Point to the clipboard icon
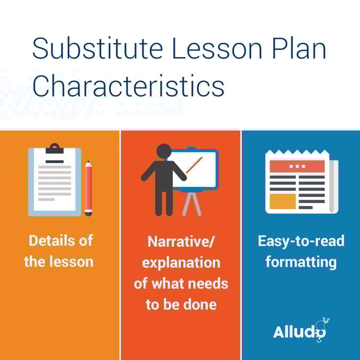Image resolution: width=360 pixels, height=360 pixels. click(x=54, y=181)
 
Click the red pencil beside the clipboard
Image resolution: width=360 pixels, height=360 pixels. click(x=89, y=188)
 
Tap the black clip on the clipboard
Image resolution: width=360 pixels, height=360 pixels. click(x=54, y=149)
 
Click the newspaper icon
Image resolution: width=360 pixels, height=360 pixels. click(x=300, y=182)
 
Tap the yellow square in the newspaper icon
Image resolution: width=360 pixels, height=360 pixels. click(x=282, y=201)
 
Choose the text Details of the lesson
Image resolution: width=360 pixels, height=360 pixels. click(x=60, y=251)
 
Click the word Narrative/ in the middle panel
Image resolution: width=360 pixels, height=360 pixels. click(x=181, y=242)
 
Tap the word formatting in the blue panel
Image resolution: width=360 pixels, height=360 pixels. click(x=301, y=262)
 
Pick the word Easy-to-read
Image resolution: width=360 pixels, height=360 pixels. click(x=301, y=241)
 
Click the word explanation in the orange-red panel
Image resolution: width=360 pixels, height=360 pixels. click(x=181, y=262)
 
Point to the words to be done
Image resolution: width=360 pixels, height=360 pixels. click(x=181, y=305)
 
